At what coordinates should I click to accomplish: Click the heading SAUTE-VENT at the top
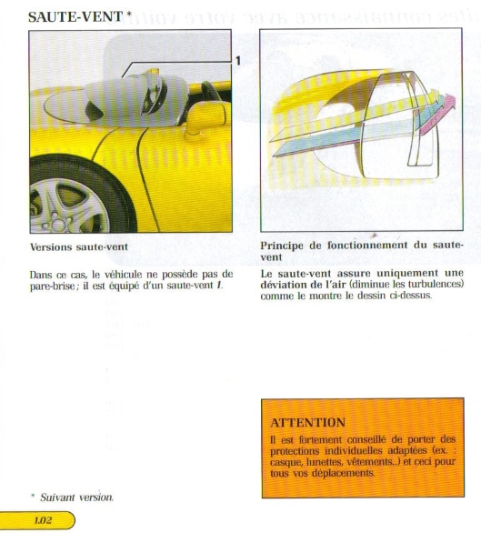[75, 16]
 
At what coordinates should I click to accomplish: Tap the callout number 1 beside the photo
[238, 61]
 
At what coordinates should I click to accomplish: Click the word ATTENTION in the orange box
[308, 423]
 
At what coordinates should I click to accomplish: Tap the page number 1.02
[43, 520]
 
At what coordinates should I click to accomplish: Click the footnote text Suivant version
[76, 498]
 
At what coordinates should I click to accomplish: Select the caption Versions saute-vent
[79, 246]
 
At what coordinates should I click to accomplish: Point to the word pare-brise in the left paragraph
[52, 287]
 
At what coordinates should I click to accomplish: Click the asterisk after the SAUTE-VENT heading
[128, 15]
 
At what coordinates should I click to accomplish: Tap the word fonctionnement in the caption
[367, 245]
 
